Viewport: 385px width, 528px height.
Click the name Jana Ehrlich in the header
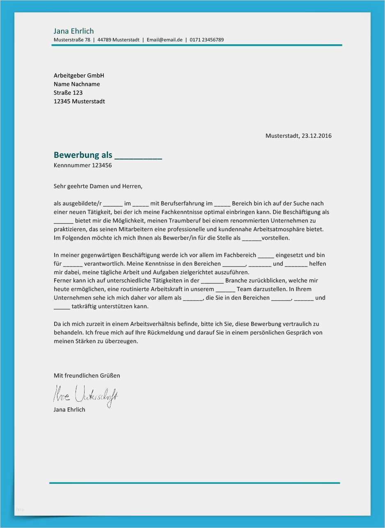[73, 31]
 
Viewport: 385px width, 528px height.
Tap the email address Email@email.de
[164, 40]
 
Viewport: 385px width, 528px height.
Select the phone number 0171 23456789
[206, 40]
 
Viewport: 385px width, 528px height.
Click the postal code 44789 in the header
[104, 40]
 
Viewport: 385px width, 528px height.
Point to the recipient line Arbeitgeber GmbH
[79, 75]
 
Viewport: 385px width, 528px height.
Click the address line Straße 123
[68, 93]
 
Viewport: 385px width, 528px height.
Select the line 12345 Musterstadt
[79, 101]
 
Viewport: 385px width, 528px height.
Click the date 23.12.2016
[316, 136]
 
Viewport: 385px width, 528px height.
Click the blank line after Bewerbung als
[138, 156]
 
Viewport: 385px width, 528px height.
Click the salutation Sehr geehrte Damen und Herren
[98, 186]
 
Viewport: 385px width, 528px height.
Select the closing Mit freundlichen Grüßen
[87, 376]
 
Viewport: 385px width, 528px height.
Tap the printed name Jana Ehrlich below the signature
[69, 410]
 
